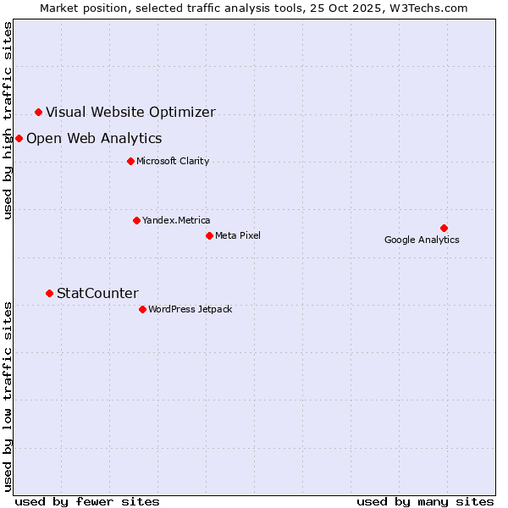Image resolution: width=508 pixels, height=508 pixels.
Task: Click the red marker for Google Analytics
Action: click(444, 228)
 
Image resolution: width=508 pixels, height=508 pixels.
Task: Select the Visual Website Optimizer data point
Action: click(38, 112)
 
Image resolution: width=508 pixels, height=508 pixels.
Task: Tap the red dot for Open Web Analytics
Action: click(19, 138)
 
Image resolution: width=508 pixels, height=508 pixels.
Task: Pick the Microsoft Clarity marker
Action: click(130, 161)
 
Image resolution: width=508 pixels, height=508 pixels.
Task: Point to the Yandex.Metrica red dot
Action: click(136, 220)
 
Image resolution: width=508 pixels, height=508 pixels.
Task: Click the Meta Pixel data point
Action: click(209, 235)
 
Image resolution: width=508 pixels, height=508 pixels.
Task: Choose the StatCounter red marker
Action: click(49, 293)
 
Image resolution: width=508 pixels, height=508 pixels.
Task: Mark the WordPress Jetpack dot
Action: click(142, 309)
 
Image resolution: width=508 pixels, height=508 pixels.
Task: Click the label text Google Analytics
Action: click(422, 240)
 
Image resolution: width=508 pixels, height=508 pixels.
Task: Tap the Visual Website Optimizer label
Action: click(130, 112)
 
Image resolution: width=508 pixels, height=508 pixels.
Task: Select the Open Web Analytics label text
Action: click(94, 138)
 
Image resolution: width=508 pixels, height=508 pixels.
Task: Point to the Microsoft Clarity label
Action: click(173, 161)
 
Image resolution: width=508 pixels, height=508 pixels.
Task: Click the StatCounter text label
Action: click(97, 293)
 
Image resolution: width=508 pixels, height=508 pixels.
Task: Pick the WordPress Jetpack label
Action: click(190, 309)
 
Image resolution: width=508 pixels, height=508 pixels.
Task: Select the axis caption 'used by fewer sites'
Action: click(87, 501)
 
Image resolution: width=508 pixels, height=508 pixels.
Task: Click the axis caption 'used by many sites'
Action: click(425, 501)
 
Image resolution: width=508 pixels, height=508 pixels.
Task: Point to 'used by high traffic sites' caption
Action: click(8, 120)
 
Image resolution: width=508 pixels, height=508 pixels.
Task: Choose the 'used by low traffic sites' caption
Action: click(8, 395)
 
